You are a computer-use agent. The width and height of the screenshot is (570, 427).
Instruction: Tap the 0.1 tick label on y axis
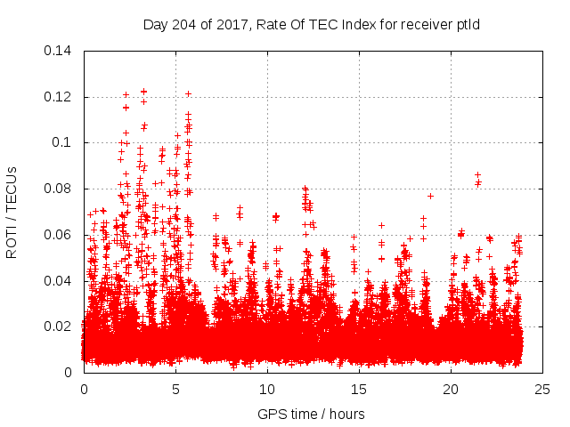point(63,142)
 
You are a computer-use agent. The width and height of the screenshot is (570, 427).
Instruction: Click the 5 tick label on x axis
point(175,390)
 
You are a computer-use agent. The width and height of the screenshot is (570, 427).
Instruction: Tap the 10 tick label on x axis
point(267,390)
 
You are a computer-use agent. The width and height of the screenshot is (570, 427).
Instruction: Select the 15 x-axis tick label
point(359,390)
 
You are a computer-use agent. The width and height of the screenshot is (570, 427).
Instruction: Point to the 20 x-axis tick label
point(451,390)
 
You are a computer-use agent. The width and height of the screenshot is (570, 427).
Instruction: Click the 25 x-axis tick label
point(542,390)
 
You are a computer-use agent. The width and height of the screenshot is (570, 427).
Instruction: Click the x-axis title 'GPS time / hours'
point(311,414)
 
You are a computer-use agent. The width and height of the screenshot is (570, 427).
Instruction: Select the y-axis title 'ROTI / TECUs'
point(12,212)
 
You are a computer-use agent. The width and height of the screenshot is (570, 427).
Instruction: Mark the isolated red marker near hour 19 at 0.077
point(431,196)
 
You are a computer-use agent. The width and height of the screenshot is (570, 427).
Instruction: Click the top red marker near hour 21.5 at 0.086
point(478,175)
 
